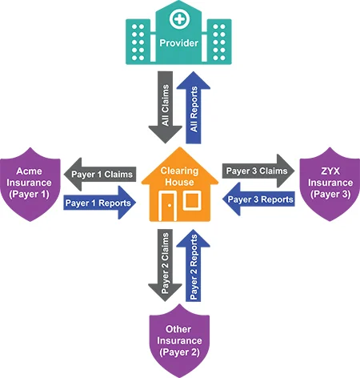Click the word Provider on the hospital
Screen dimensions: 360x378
[178, 43]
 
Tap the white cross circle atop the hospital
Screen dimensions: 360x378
[180, 19]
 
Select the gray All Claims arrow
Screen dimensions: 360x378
[166, 107]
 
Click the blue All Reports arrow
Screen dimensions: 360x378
[194, 107]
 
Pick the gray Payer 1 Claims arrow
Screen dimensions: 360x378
[100, 175]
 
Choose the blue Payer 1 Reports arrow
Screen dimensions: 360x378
[100, 203]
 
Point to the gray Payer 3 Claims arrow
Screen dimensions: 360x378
[258, 171]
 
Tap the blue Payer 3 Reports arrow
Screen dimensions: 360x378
[258, 199]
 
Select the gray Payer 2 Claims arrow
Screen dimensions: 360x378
[166, 265]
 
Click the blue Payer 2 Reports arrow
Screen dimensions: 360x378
[194, 265]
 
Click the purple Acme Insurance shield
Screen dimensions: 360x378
[30, 184]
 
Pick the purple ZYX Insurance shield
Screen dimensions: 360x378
[330, 184]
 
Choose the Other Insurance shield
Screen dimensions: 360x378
[179, 341]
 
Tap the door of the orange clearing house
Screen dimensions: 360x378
[167, 206]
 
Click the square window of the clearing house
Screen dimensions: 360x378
[192, 200]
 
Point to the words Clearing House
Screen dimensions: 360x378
[179, 176]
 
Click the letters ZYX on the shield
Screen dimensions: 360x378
[330, 171]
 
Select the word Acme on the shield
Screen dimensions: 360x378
[29, 171]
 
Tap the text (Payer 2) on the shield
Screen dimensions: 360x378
[179, 352]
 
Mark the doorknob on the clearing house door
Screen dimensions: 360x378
[170, 205]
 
